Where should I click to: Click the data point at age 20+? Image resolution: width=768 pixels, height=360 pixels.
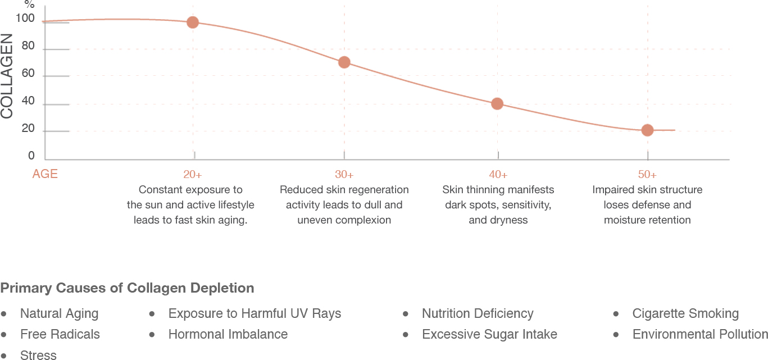pos(193,22)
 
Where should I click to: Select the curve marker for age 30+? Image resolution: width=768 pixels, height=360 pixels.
pos(344,62)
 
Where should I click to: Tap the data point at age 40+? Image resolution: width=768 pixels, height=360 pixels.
pos(497,104)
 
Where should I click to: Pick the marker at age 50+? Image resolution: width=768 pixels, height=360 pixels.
pos(647,130)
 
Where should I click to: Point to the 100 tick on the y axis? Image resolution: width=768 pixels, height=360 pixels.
pos(25,19)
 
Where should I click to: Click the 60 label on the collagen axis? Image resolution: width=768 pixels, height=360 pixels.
pos(28,74)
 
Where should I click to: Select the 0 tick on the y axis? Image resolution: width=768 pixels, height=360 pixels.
pos(31,156)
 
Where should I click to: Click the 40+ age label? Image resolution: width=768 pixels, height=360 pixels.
pos(498,175)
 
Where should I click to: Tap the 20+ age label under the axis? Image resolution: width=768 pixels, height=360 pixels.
pos(193,175)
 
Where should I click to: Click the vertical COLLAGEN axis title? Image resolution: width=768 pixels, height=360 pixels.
pos(7,76)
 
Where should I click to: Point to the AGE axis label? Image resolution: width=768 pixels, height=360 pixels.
pos(45,174)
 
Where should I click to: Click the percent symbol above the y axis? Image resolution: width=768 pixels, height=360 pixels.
pos(29,4)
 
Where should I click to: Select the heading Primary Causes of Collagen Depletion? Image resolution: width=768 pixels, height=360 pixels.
pos(127,288)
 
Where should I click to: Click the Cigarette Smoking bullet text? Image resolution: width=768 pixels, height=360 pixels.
pos(685,313)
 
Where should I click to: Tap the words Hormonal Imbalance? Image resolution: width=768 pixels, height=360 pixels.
pos(228,335)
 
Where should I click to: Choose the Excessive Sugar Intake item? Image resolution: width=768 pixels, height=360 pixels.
pos(489,335)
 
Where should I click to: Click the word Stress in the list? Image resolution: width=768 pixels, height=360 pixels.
pos(38,355)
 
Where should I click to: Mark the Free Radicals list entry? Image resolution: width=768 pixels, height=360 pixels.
pos(60,335)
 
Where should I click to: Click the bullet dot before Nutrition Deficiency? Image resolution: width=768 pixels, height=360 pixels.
pos(406,313)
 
